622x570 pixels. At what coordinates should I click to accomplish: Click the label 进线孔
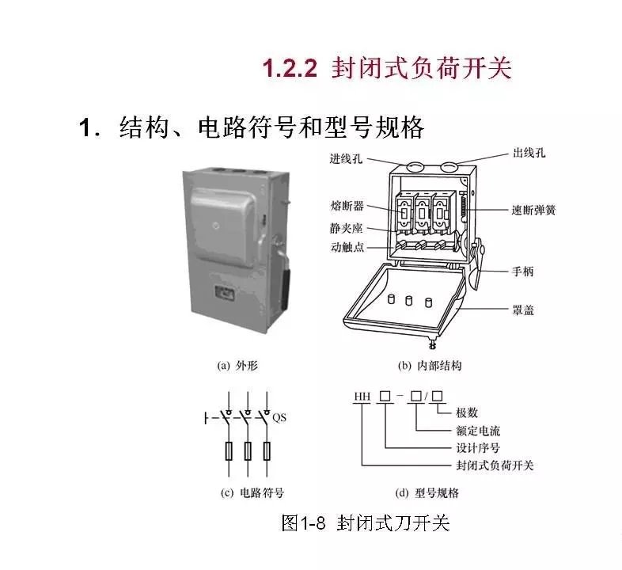(x=346, y=158)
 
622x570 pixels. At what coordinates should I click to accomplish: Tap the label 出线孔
(x=529, y=153)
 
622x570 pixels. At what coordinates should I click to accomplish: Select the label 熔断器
(x=347, y=206)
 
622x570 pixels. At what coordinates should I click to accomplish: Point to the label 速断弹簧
(x=533, y=210)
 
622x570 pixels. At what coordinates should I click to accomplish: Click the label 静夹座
(x=346, y=228)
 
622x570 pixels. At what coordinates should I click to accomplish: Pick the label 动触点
(x=347, y=247)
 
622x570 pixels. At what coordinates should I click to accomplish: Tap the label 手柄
(x=523, y=272)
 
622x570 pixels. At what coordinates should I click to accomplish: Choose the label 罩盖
(x=523, y=310)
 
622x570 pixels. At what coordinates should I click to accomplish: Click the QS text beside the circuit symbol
(x=279, y=417)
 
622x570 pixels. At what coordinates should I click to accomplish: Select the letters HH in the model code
(x=362, y=397)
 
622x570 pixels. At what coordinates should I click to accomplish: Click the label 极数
(x=467, y=412)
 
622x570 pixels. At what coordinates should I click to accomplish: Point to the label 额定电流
(x=478, y=431)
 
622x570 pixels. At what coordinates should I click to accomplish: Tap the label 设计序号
(x=478, y=448)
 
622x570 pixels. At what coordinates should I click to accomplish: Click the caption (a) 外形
(x=237, y=365)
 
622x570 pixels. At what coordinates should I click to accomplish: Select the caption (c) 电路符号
(x=252, y=493)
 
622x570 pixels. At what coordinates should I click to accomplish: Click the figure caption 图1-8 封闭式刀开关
(x=366, y=522)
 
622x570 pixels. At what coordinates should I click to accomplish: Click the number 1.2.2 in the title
(x=290, y=68)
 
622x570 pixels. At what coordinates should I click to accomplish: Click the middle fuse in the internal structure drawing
(x=422, y=212)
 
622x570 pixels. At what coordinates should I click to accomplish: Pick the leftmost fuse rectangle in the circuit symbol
(x=229, y=450)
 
